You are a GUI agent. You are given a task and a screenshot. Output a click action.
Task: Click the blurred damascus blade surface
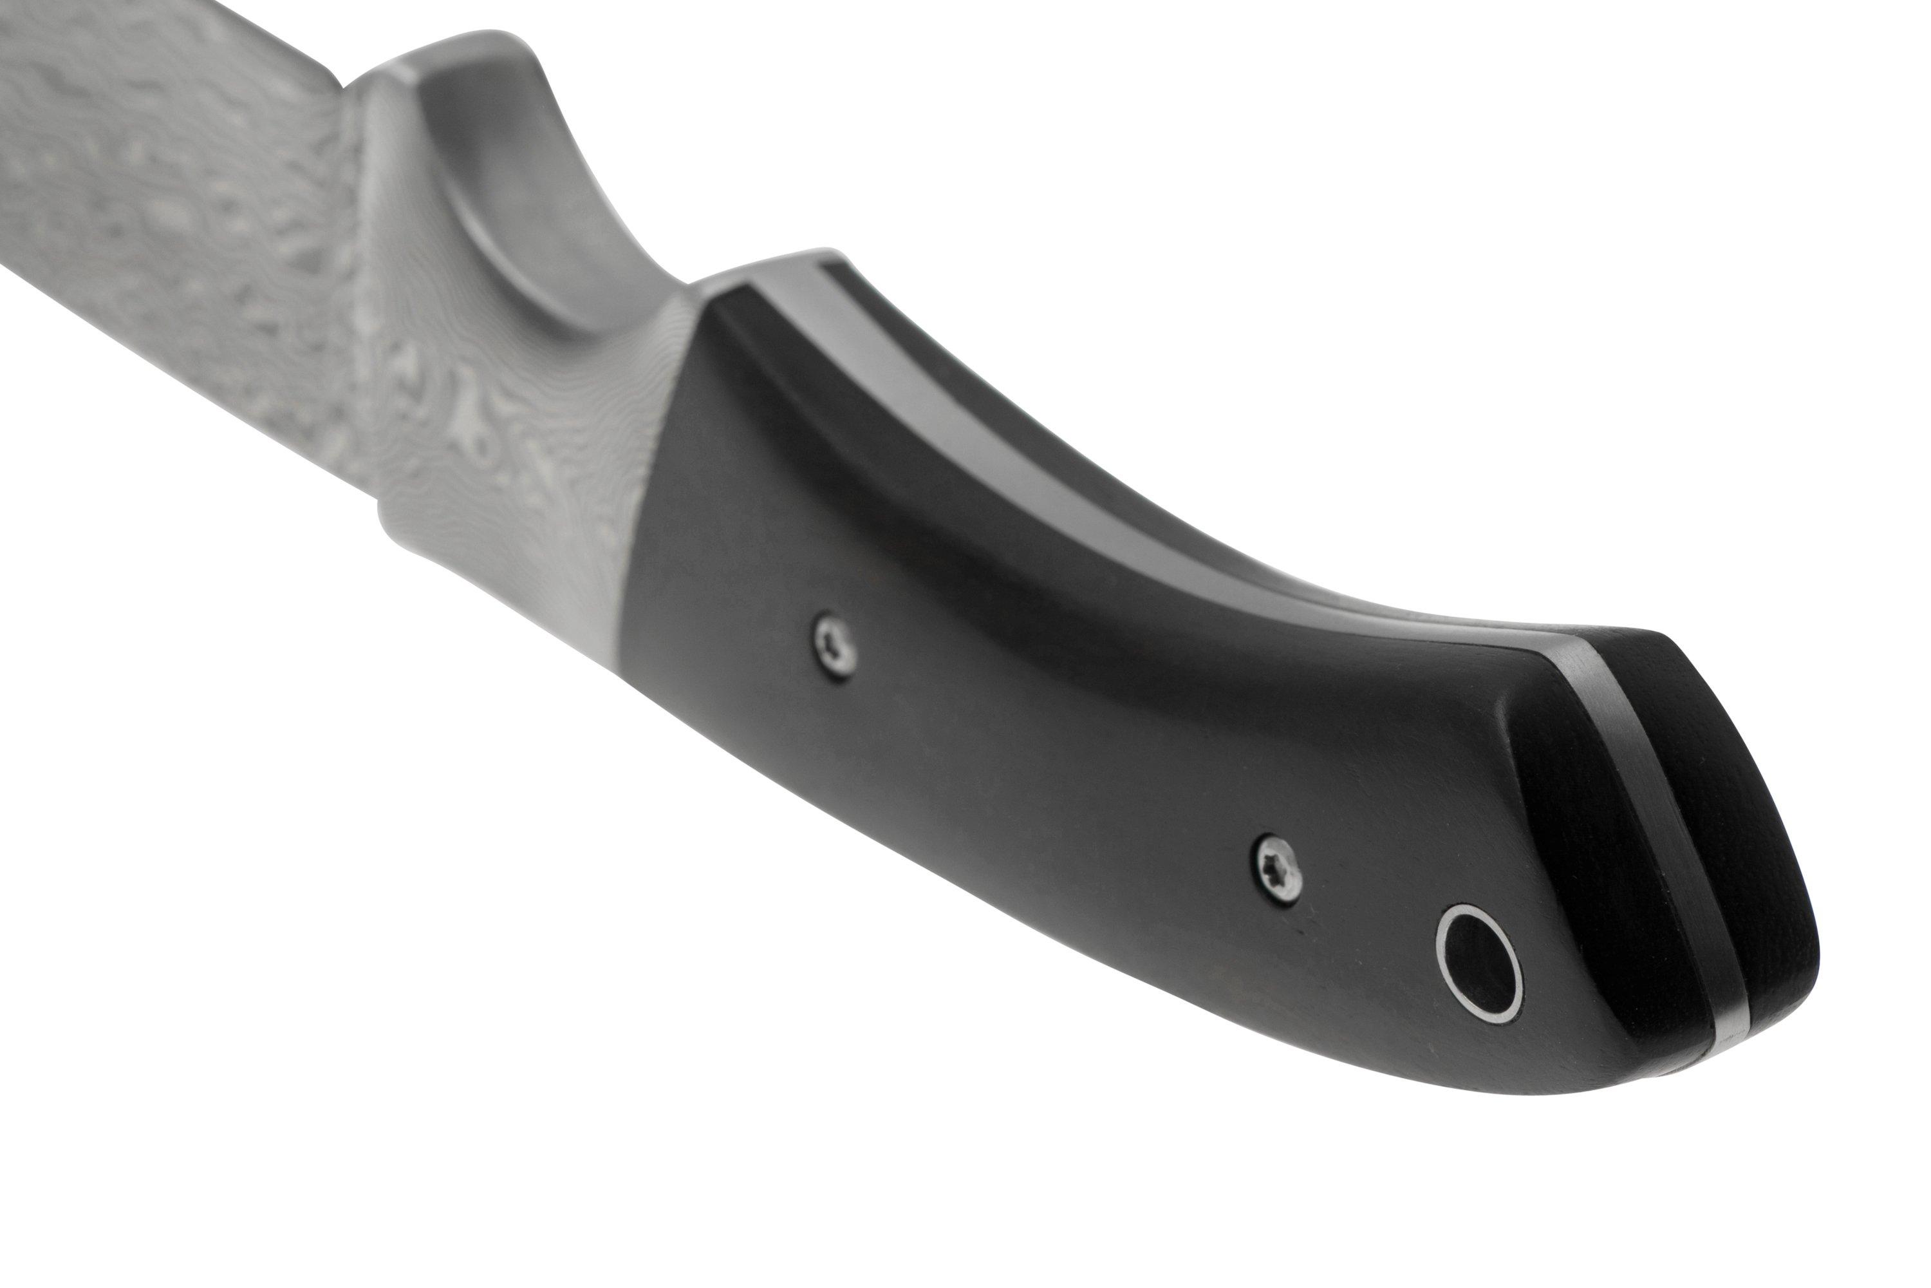[x=164, y=205]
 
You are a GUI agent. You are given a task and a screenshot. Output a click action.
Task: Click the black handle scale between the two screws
[x=1051, y=739]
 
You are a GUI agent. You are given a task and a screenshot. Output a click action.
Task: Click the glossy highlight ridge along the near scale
[x=985, y=526]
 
